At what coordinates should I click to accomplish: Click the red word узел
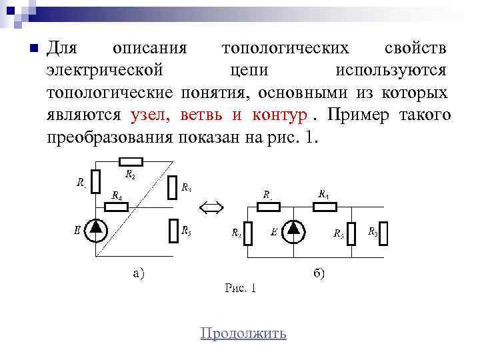pyautogui.click(x=145, y=115)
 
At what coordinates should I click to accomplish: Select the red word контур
pyautogui.click(x=279, y=115)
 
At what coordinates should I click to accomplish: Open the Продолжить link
pyautogui.click(x=243, y=333)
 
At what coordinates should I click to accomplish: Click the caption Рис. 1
pyautogui.click(x=241, y=288)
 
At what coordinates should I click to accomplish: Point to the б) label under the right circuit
pyautogui.click(x=319, y=273)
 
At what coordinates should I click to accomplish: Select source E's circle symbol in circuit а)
pyautogui.click(x=97, y=229)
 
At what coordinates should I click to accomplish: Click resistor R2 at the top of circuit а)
pyautogui.click(x=131, y=161)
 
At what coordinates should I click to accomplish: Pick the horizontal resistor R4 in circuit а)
pyautogui.click(x=117, y=206)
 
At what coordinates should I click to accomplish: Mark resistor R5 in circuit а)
pyautogui.click(x=174, y=230)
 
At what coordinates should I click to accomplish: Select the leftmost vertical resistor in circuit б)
pyautogui.click(x=247, y=233)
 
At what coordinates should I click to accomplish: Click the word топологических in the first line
pyautogui.click(x=285, y=49)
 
